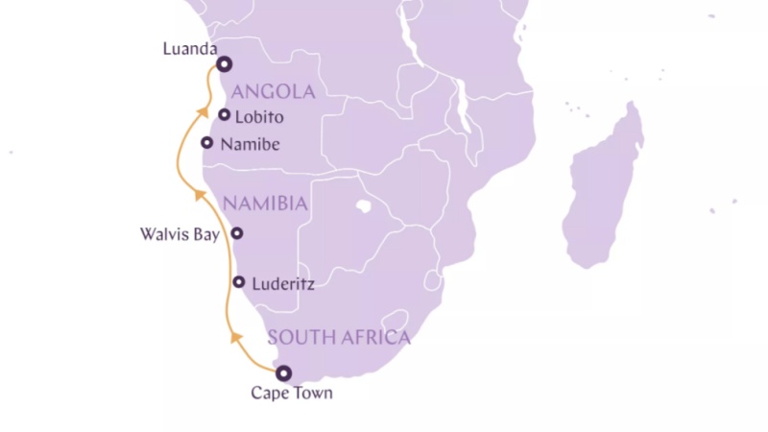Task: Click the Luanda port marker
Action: point(224,64)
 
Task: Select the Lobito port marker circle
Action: point(225,115)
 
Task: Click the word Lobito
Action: point(259,116)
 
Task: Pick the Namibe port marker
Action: point(207,143)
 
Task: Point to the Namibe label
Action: point(250,144)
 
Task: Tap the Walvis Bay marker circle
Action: point(236,233)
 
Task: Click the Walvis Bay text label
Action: point(180,233)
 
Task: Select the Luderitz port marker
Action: point(239,282)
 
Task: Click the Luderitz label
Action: point(282,284)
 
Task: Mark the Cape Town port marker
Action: point(283,373)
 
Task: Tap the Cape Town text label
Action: point(292,393)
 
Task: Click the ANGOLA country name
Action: point(274,92)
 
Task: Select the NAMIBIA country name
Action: point(265,204)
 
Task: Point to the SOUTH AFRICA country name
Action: point(338,337)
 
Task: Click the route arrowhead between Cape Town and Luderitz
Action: point(233,336)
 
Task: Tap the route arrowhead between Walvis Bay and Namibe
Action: point(198,194)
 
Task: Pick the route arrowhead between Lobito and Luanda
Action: point(204,109)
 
